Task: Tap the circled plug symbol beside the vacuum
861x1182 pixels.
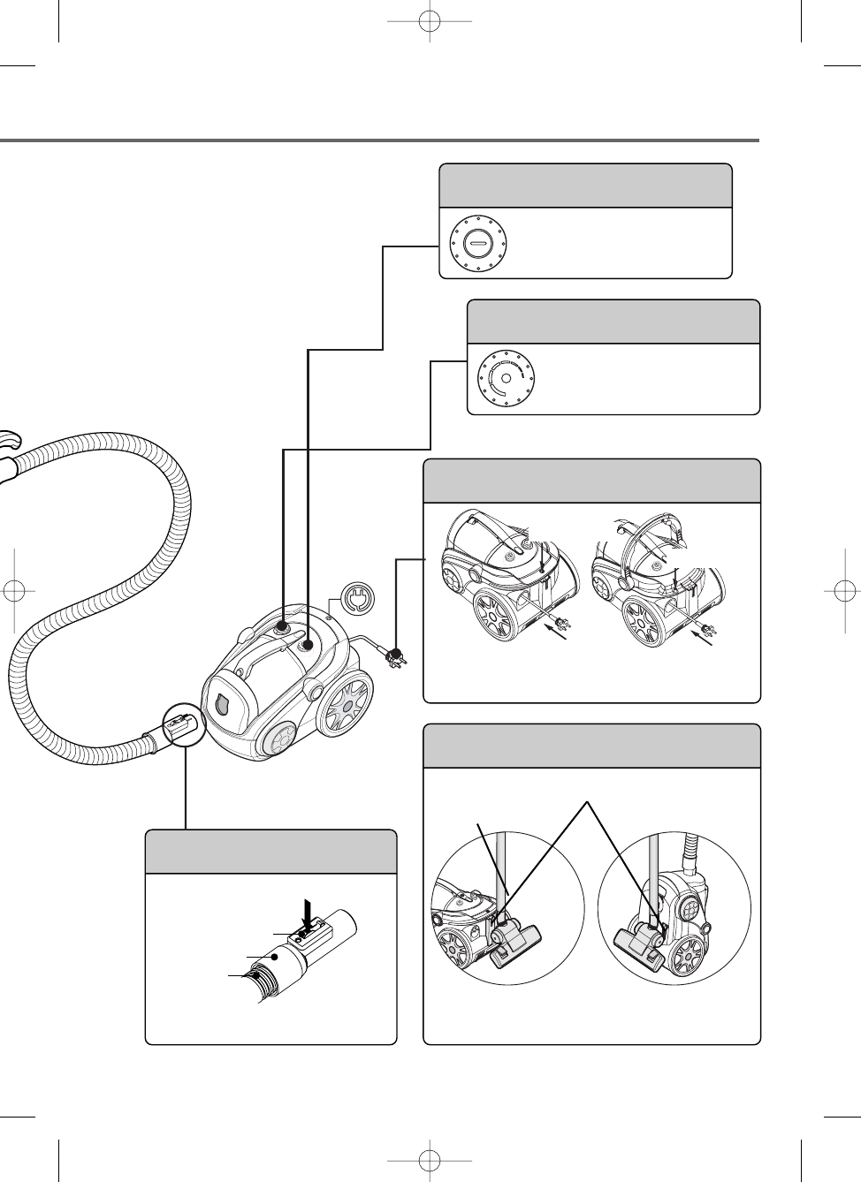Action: coord(356,599)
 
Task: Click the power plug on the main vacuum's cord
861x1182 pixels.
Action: coord(394,657)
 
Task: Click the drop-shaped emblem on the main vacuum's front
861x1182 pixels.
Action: coord(221,706)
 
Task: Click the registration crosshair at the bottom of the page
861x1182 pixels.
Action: coord(429,1159)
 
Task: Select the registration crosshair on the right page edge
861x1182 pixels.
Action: coord(845,591)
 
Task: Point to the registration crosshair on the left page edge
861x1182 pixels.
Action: coord(14,591)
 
